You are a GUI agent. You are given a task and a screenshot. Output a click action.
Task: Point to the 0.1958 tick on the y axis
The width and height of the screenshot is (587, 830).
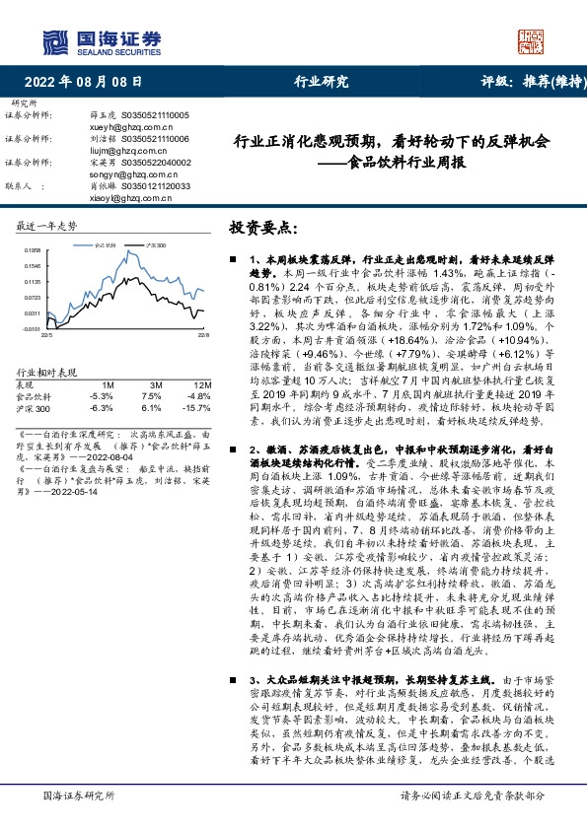coord(31,251)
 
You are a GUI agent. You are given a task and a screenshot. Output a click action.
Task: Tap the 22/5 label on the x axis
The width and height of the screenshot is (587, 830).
coord(45,336)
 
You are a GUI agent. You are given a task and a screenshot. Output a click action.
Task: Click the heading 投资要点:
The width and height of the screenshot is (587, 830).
coord(261,228)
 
